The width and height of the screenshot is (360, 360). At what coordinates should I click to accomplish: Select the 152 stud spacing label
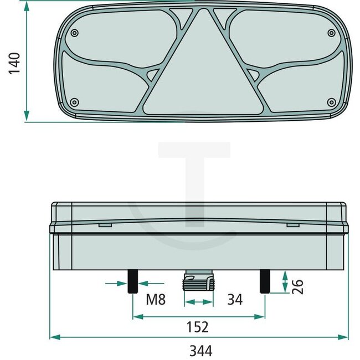pyautogui.click(x=198, y=327)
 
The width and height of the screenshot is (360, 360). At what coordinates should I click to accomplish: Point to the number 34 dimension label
pyautogui.click(x=235, y=300)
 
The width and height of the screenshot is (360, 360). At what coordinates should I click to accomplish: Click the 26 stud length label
pyautogui.click(x=298, y=286)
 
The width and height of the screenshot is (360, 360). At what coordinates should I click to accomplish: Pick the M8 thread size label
pyautogui.click(x=156, y=300)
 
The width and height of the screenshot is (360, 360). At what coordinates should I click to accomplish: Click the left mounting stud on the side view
pyautogui.click(x=133, y=282)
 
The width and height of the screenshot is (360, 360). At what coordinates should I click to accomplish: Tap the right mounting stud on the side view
pyautogui.click(x=265, y=282)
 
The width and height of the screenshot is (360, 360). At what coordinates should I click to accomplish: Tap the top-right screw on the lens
pyautogui.click(x=331, y=32)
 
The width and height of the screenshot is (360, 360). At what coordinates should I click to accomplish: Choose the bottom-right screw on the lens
pyautogui.click(x=331, y=101)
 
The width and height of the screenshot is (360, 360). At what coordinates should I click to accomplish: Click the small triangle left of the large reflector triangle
pyautogui.click(x=153, y=74)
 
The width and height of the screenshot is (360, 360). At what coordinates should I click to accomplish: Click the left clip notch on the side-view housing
pyautogui.click(x=106, y=225)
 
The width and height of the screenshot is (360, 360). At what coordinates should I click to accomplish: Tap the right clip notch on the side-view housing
pyautogui.click(x=292, y=225)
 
